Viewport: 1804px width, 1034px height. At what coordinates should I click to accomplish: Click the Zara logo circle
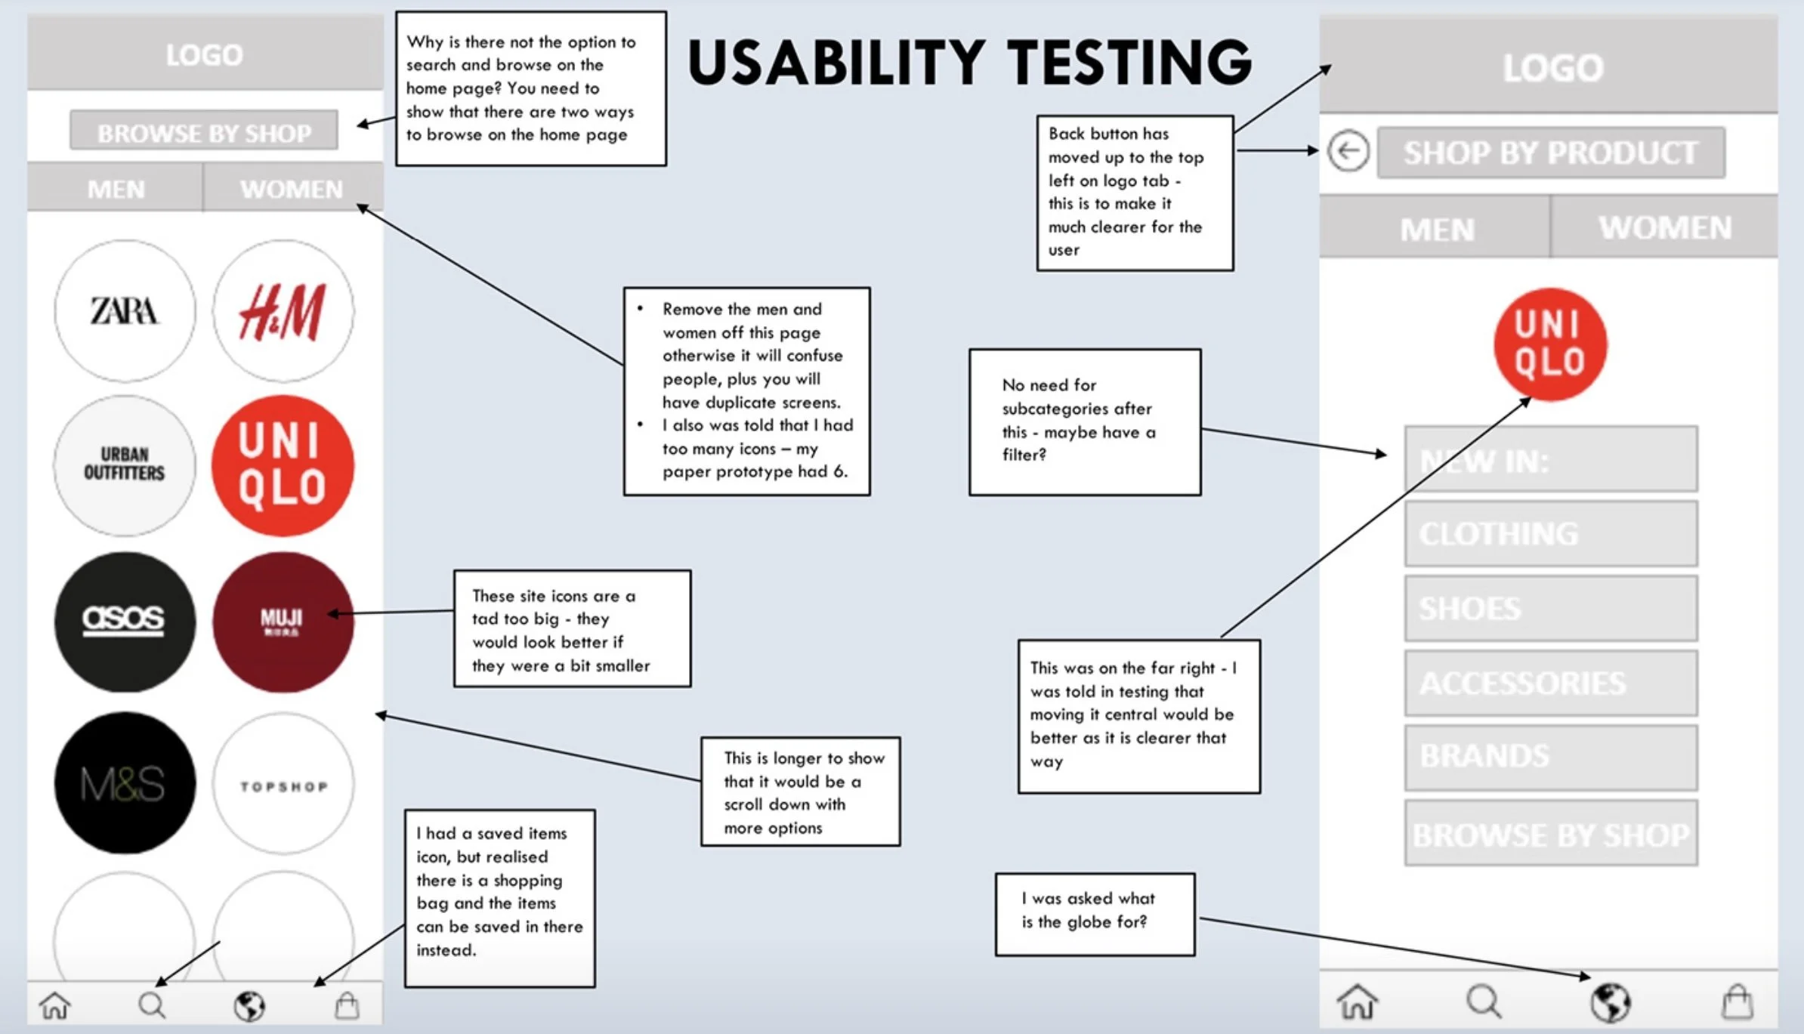tap(125, 310)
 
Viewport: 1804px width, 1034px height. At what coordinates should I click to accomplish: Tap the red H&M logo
tap(283, 310)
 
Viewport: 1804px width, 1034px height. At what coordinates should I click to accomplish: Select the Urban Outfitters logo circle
tap(125, 465)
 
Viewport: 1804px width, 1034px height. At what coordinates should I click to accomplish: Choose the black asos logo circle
tap(125, 621)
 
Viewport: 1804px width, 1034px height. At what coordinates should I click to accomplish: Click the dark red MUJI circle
tap(283, 621)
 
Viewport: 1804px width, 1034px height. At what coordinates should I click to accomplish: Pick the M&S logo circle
tap(125, 782)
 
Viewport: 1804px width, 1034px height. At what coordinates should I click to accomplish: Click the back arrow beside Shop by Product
tap(1348, 151)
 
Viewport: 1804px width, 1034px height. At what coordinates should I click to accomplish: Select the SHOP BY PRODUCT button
tap(1550, 153)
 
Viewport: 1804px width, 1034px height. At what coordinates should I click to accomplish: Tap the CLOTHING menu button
tap(1550, 533)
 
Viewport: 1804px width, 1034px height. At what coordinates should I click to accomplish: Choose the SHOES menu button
tap(1550, 608)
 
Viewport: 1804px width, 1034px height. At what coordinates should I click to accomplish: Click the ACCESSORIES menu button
tap(1550, 683)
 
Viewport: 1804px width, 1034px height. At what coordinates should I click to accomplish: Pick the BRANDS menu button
tap(1550, 757)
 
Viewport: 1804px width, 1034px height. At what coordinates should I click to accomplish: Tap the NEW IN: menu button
tap(1550, 459)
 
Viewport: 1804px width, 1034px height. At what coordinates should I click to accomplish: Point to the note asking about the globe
tap(1095, 914)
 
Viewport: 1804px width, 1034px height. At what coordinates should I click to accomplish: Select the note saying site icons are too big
tap(572, 628)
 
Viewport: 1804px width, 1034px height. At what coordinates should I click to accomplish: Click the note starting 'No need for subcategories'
tap(1085, 421)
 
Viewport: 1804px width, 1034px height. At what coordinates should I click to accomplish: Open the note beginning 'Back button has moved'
tap(1135, 193)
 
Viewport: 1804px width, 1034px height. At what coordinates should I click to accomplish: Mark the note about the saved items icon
tap(499, 898)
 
